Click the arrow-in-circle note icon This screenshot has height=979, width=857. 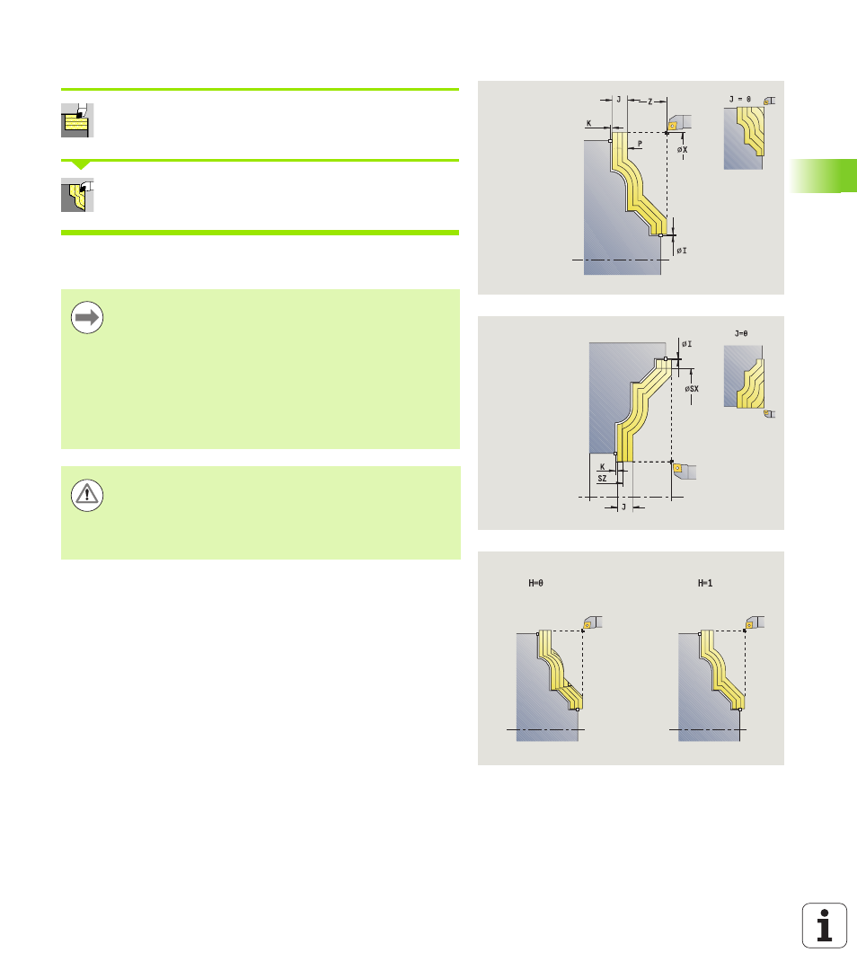[87, 317]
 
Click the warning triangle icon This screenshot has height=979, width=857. [87, 495]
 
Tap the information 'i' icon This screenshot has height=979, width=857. [825, 925]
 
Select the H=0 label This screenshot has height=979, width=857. [536, 583]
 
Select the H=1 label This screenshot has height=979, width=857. [705, 583]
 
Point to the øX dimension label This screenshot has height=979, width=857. [682, 150]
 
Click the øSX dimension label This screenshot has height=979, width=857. [692, 388]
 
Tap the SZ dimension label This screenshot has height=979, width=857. [602, 479]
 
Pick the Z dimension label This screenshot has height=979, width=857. [650, 101]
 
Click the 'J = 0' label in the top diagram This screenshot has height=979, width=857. [740, 100]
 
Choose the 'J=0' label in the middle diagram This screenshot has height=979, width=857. [741, 333]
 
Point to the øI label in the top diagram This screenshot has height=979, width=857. [682, 251]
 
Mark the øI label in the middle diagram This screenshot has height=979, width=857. [686, 344]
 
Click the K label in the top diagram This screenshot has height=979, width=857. [588, 123]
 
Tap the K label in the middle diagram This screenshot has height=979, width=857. [602, 466]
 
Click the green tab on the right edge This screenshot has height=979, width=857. [823, 175]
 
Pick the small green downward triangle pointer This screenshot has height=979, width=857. [81, 165]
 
